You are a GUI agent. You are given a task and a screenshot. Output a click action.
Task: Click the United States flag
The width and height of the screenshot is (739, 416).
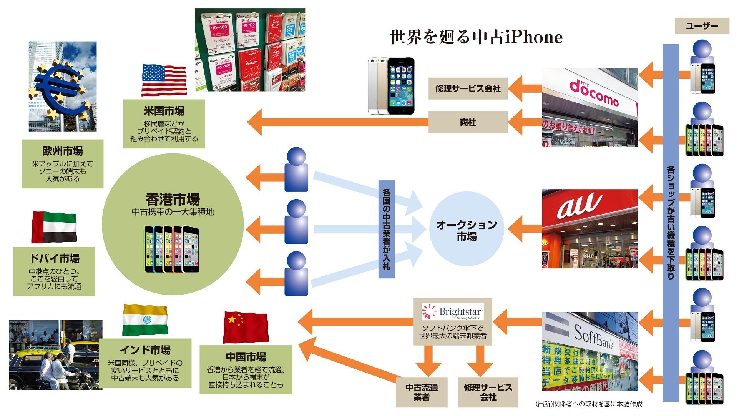(164, 80)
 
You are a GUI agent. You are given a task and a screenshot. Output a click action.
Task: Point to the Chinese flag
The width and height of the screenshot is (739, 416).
(246, 327)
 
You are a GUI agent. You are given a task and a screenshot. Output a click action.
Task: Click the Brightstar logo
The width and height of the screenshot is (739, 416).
(452, 312)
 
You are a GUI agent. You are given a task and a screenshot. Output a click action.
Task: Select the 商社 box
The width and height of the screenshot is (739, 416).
(468, 122)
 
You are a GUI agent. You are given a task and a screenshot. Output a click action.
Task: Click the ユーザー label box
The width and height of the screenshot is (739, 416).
(702, 26)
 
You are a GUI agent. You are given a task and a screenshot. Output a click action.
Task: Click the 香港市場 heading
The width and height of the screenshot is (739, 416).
(173, 200)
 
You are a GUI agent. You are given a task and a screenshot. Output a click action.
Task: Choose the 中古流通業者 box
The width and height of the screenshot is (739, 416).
(422, 392)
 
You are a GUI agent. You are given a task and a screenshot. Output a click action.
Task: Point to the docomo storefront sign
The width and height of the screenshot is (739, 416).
(594, 93)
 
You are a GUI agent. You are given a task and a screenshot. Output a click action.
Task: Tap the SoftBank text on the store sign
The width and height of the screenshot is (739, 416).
(594, 336)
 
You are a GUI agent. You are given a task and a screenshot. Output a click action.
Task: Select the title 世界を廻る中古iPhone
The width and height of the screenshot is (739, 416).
(476, 37)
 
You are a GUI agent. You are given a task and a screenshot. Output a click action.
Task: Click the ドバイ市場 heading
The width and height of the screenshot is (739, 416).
(54, 258)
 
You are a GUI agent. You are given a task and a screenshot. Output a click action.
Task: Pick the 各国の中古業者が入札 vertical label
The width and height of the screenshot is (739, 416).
(386, 229)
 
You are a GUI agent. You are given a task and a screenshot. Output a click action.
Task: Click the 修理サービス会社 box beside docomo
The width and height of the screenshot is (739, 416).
(468, 88)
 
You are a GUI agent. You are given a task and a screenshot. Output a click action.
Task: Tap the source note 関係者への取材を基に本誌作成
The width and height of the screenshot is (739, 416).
(588, 404)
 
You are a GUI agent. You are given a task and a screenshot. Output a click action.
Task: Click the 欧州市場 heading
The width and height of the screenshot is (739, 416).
(62, 151)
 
